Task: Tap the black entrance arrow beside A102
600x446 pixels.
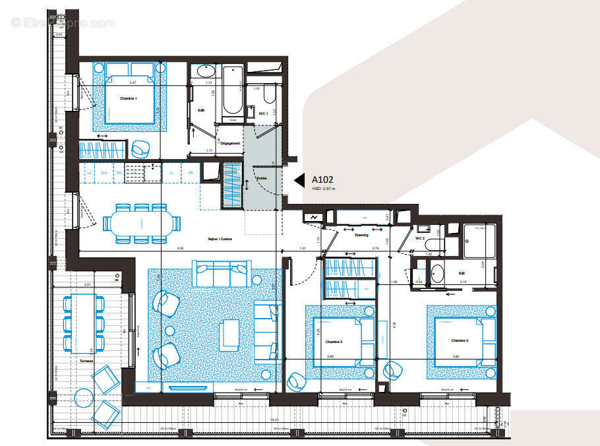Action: (298, 180)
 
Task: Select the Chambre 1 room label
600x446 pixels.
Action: (128, 98)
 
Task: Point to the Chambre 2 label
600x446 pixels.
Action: (334, 341)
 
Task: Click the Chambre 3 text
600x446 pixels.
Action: (460, 340)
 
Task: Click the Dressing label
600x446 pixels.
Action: (361, 234)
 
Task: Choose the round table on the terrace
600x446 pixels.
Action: (84, 398)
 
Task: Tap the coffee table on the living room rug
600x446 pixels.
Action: (229, 334)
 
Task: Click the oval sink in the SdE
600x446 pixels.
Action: (437, 273)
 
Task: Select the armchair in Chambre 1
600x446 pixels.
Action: (140, 149)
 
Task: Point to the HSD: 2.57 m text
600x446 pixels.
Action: (324, 189)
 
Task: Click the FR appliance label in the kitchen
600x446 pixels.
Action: (191, 173)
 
